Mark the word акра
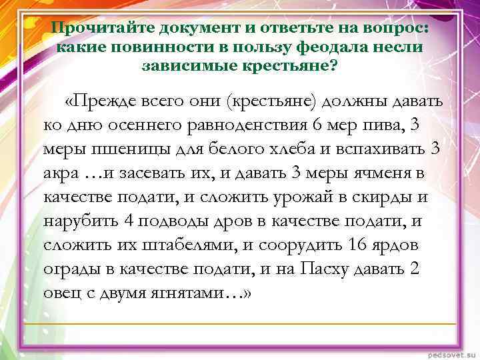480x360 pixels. tap(61, 173)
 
